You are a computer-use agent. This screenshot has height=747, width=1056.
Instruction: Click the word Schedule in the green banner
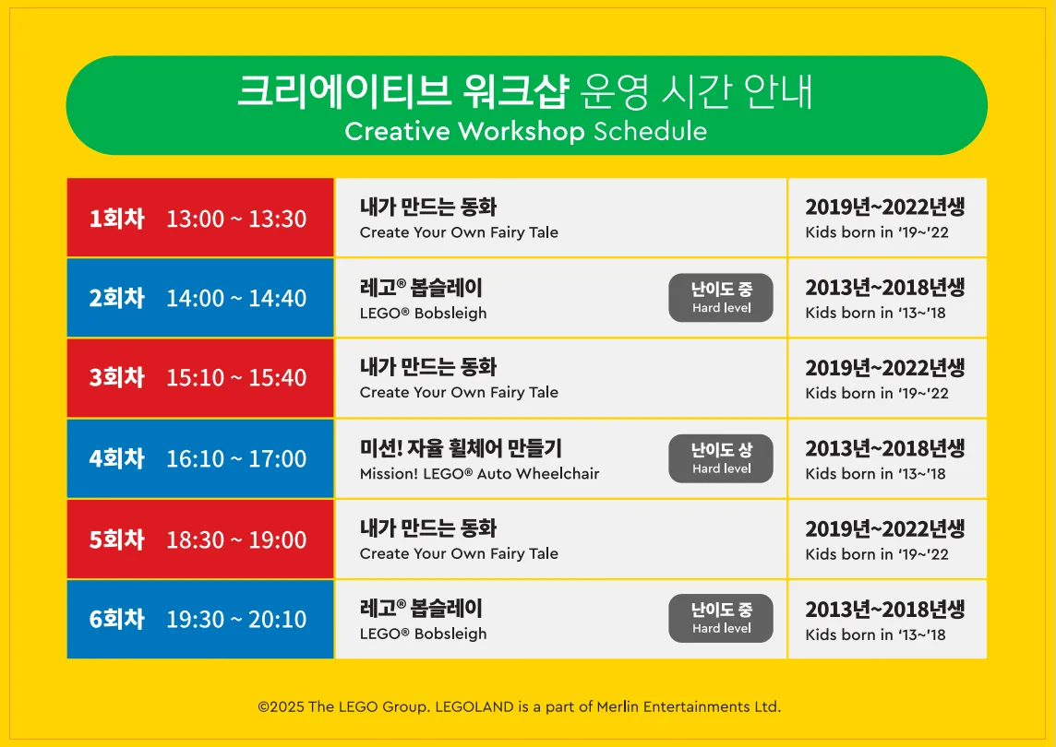650,131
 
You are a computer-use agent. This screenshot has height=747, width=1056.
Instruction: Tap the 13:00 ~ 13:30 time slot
236,219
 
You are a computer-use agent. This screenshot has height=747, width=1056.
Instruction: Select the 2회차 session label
117,298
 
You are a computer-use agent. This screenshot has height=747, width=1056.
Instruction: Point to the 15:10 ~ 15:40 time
236,377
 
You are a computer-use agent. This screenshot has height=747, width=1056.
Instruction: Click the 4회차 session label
117,458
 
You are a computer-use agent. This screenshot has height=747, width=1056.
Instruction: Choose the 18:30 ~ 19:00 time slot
236,539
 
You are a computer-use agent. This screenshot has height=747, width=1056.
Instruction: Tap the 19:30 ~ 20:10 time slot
236,619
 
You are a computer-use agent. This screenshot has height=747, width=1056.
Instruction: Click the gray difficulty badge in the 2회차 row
721,298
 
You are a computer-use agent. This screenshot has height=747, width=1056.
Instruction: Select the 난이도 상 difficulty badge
721,458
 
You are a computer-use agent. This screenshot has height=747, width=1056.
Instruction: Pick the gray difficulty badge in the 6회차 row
721,619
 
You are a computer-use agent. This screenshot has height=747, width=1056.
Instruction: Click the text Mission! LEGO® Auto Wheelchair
479,474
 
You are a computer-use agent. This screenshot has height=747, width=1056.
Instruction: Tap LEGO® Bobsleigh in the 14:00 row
423,313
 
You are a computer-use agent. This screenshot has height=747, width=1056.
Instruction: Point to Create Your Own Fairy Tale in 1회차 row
459,232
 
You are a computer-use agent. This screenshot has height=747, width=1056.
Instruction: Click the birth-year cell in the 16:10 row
887,458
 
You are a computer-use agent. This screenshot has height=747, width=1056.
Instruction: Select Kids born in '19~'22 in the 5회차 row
877,554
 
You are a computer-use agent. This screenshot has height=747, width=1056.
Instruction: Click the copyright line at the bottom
520,706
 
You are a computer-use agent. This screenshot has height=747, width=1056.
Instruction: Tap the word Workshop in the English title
522,131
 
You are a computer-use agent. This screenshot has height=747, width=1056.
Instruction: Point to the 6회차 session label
117,619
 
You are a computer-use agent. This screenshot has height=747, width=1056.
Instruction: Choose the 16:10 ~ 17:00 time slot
236,458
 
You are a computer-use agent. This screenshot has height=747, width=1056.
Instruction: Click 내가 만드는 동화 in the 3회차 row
428,367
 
